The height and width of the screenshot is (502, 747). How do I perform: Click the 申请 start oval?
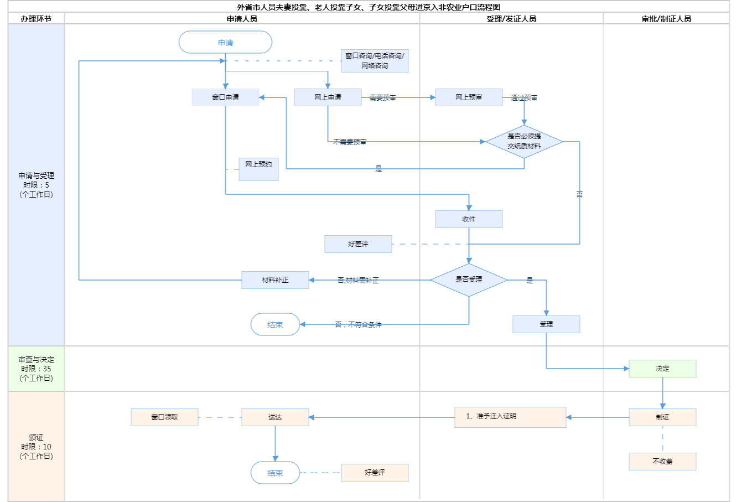tap(225, 43)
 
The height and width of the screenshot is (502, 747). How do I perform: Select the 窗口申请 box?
tap(225, 97)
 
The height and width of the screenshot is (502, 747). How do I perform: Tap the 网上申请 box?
tap(328, 97)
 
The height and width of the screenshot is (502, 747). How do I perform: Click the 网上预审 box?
tap(469, 97)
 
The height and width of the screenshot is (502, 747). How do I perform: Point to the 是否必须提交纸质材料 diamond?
tap(524, 141)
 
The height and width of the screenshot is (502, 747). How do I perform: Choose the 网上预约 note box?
tap(258, 169)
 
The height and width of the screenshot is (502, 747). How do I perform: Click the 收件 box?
tap(469, 219)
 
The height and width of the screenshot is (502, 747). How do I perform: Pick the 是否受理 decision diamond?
tap(469, 280)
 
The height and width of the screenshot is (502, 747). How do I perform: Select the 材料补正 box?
tap(275, 280)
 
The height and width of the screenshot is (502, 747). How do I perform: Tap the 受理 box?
tap(546, 324)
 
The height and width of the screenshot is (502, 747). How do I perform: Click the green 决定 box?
tap(662, 369)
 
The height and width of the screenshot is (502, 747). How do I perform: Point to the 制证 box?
tap(662, 417)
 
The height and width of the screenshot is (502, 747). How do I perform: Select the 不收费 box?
tap(662, 462)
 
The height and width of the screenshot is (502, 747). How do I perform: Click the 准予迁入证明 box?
tap(510, 417)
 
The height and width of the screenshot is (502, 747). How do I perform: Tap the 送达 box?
tap(275, 417)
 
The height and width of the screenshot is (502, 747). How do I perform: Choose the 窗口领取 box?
tap(164, 417)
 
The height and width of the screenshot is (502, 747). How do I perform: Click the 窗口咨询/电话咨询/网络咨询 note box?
tap(375, 61)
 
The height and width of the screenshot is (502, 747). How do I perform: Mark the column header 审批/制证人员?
tap(666, 19)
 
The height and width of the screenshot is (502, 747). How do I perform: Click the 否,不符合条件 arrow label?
tap(358, 325)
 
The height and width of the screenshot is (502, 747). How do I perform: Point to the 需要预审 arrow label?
tap(382, 98)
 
